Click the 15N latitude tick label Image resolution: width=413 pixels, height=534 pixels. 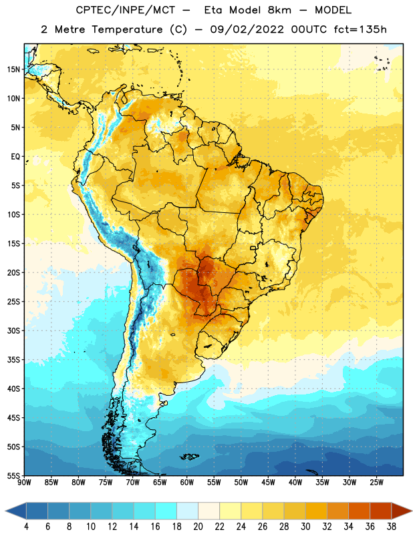click(x=13, y=69)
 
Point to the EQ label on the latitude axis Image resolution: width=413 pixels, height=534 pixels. click(x=15, y=157)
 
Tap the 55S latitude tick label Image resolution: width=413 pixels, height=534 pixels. click(x=13, y=475)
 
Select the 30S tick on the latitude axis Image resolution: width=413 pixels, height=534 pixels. click(x=13, y=330)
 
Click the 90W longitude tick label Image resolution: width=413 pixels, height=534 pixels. click(x=25, y=482)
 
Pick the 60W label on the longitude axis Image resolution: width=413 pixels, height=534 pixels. click(x=187, y=482)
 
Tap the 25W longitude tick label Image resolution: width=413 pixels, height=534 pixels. click(x=376, y=482)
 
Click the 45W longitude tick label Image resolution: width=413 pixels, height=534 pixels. click(x=268, y=482)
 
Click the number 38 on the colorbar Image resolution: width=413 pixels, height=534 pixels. click(x=392, y=527)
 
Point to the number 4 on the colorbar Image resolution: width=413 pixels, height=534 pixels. click(x=26, y=527)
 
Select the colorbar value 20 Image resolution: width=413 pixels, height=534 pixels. click(x=198, y=527)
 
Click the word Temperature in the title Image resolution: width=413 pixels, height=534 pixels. click(x=127, y=29)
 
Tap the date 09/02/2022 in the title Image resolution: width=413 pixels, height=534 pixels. click(x=247, y=29)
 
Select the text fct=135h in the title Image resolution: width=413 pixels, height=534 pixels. click(x=360, y=29)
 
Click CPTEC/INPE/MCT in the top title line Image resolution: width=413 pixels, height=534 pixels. click(x=125, y=10)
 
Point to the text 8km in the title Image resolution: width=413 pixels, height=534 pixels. click(x=279, y=10)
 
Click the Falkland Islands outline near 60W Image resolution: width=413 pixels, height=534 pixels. click(x=189, y=457)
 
